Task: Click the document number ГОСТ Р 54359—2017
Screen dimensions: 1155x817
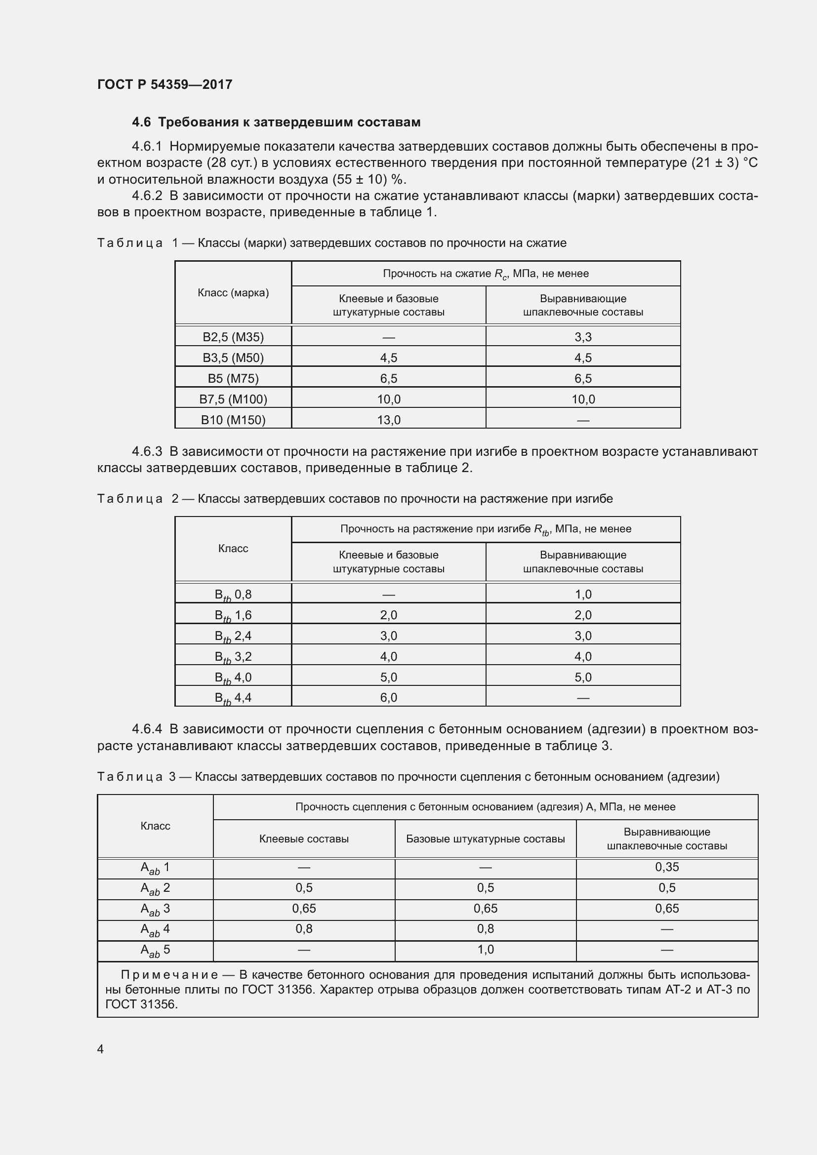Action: pos(164,84)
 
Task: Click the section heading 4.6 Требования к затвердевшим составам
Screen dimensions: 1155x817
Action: pos(276,122)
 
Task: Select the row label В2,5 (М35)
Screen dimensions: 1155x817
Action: pos(233,337)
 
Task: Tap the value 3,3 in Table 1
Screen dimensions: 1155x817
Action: pos(582,337)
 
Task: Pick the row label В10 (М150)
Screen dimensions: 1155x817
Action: pos(233,420)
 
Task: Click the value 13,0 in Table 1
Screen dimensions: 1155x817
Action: pos(388,420)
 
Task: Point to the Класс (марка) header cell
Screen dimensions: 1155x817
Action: pos(233,293)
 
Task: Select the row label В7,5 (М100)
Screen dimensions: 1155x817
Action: pos(233,399)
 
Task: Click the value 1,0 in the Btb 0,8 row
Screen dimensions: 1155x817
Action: pos(582,594)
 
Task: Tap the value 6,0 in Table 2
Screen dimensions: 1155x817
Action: pos(388,697)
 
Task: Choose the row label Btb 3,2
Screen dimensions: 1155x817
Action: pos(233,656)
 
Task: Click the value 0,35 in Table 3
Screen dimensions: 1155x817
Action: pos(666,867)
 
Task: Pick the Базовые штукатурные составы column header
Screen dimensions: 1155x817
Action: pos(485,838)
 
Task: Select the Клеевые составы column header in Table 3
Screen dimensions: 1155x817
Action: pos(304,838)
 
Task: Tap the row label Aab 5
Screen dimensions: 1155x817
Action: pos(155,950)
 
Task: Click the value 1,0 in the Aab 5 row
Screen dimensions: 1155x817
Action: pos(485,949)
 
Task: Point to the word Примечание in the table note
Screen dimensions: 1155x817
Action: pos(169,975)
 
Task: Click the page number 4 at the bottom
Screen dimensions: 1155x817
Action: pos(100,1049)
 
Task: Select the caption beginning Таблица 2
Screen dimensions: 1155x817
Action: pos(355,499)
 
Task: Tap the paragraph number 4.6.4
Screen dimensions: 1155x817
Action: pos(147,729)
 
